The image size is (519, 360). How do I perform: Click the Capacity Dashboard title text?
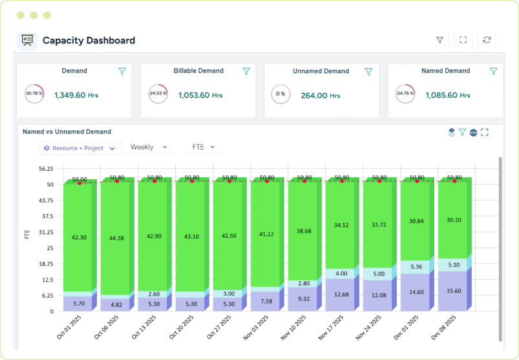coord(89,40)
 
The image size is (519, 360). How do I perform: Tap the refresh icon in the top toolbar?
coord(487,40)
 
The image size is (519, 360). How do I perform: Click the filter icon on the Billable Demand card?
coord(246,71)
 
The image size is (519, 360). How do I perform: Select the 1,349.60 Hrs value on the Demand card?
coord(79,95)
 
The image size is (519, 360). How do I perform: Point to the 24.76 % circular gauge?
coord(405,93)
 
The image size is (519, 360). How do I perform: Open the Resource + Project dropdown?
coord(80,148)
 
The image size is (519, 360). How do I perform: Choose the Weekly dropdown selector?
coord(149,147)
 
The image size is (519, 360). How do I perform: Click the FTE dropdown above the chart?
coord(203,147)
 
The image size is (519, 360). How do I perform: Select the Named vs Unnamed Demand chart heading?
coord(67,131)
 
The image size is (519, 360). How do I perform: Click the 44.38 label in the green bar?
coord(117,238)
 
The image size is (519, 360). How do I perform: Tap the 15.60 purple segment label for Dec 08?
coord(454,291)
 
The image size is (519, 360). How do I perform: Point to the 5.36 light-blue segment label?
coord(417,267)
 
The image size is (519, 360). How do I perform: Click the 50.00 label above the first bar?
coord(80,179)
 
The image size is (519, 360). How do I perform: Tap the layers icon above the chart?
coord(452,132)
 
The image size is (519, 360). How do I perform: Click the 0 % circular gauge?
coord(280,93)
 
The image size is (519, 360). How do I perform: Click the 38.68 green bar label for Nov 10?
coord(304,231)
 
